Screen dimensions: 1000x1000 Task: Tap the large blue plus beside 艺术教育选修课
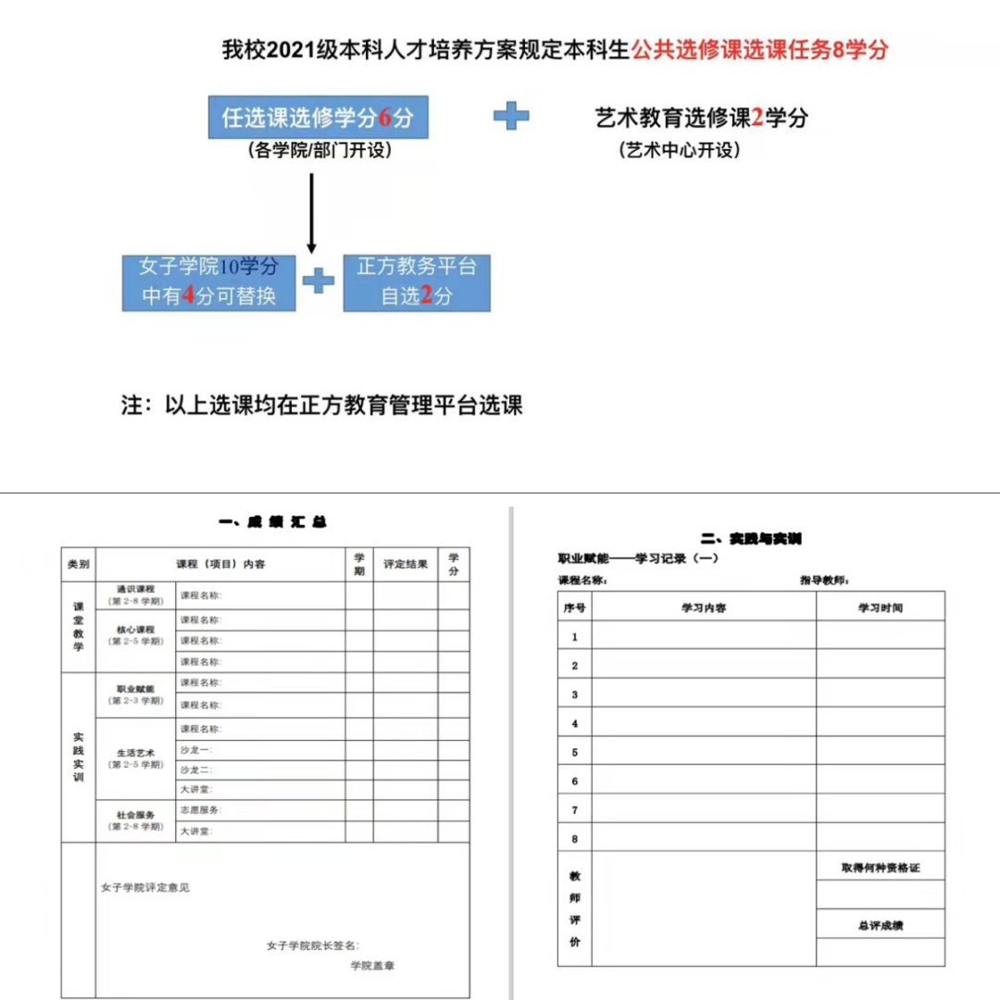click(511, 116)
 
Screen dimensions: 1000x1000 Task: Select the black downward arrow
click(311, 213)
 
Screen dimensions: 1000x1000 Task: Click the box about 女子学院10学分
click(209, 282)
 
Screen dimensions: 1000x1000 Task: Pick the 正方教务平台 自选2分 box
click(417, 282)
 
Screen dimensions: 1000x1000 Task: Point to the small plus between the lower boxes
click(319, 281)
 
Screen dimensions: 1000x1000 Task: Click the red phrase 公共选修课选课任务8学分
click(759, 50)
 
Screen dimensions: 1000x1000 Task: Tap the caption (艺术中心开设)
click(680, 151)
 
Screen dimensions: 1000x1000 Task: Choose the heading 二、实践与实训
click(751, 538)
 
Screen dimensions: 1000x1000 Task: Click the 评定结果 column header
click(406, 564)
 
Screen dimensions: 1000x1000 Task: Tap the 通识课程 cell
click(135, 594)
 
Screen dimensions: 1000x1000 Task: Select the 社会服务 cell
click(135, 820)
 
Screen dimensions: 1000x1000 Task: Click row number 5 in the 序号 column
click(574, 752)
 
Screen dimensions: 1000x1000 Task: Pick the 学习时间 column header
click(880, 607)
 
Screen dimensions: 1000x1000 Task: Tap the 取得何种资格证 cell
click(880, 868)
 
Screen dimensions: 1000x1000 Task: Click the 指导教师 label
click(824, 581)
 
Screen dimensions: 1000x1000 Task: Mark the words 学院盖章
click(372, 966)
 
